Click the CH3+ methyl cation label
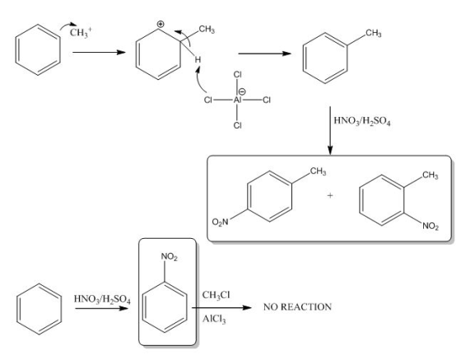pos(81,32)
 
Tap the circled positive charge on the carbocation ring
pos(161,24)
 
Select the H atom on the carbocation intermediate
pos(198,59)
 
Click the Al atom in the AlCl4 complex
pos(237,101)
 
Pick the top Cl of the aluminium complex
pos(238,74)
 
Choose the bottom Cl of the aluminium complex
pos(238,125)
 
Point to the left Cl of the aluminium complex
pos(207,101)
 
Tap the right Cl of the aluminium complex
pos(267,101)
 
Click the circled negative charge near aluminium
pos(244,92)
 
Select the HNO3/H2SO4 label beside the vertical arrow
pos(362,121)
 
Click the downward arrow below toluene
pos(330,131)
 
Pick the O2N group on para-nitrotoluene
pos(220,222)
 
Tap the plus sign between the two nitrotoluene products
pos(330,195)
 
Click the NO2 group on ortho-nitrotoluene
pos(431,227)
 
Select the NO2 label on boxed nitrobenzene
pos(170,257)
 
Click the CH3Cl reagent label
pos(216,295)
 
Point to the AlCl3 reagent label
pos(214,319)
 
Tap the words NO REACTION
pos(297,307)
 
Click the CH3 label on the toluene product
pos(374,33)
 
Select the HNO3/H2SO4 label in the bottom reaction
pos(102,299)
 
